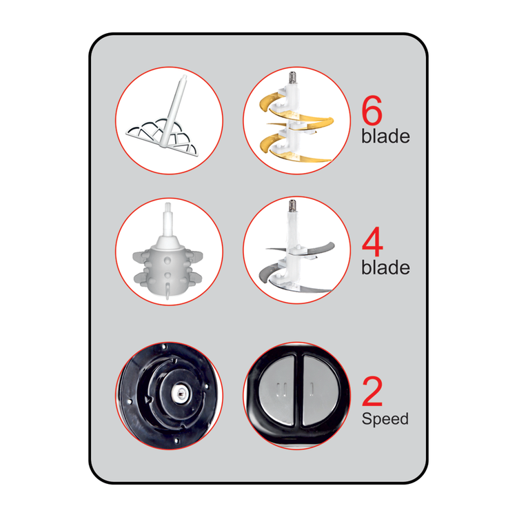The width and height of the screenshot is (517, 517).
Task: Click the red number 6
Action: click(x=372, y=110)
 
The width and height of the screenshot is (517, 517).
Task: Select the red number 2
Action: click(x=372, y=392)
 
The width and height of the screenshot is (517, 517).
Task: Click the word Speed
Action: click(x=385, y=419)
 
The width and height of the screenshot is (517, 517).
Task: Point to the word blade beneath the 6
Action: click(x=385, y=136)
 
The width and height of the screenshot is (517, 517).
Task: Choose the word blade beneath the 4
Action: click(x=385, y=267)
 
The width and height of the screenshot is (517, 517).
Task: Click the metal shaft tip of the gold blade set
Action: click(x=292, y=77)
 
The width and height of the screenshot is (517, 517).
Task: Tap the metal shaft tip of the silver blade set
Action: click(x=292, y=205)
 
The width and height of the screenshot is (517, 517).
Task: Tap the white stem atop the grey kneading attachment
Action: click(x=168, y=221)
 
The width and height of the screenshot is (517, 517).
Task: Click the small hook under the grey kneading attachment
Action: click(x=168, y=291)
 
